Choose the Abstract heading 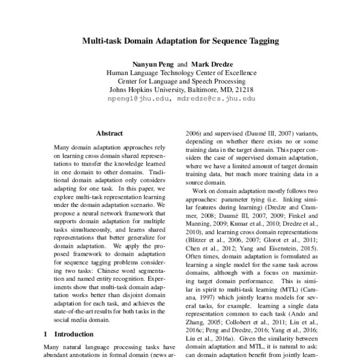(109, 134)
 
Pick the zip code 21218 (244, 88)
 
